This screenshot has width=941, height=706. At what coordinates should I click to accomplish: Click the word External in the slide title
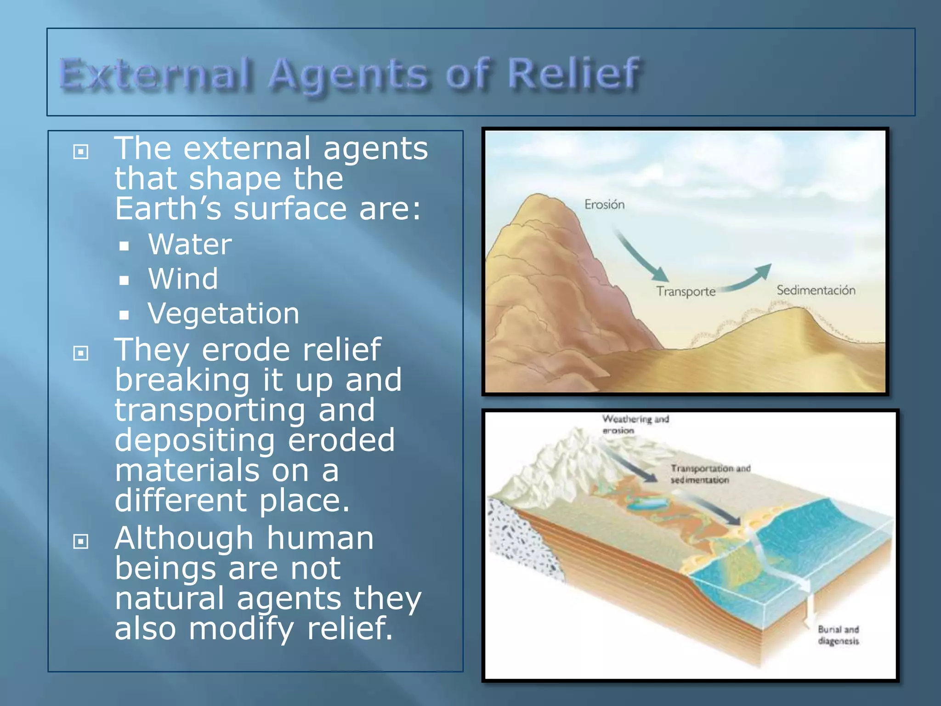tap(156, 74)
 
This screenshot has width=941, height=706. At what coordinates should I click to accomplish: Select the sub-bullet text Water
tap(190, 244)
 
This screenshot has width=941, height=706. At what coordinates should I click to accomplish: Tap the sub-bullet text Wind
tap(183, 279)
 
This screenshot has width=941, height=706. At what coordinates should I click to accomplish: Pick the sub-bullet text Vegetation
tap(223, 314)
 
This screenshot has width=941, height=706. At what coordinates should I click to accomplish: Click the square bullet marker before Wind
tap(124, 280)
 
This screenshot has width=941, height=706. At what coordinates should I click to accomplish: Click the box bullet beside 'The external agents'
tap(81, 151)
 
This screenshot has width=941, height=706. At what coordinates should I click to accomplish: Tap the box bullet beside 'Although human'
tap(81, 541)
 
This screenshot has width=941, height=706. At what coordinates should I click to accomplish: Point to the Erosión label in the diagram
tap(604, 205)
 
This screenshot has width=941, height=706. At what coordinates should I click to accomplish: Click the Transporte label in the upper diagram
tap(686, 291)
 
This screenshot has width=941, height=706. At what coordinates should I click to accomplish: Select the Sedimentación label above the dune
tap(816, 290)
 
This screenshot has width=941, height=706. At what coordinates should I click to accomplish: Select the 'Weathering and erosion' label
tap(635, 424)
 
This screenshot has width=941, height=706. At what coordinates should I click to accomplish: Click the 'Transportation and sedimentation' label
tap(709, 474)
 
